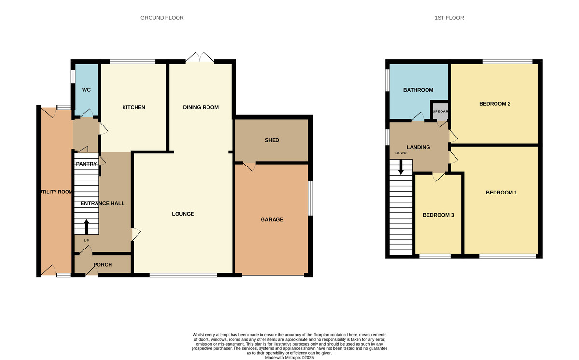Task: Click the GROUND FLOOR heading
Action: [x=162, y=18]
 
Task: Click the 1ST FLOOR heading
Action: [x=449, y=18]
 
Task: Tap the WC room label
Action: [x=86, y=90]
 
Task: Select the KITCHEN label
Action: [x=134, y=107]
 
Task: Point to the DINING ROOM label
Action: [x=201, y=107]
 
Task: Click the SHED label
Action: [x=272, y=140]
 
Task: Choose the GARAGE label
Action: [x=272, y=219]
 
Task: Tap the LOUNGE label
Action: [x=183, y=214]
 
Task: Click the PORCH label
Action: [x=103, y=265]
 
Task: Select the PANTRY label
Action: [x=86, y=164]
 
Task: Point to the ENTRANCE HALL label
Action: [x=102, y=203]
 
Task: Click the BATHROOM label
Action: [x=418, y=90]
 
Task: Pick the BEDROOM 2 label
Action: [x=495, y=104]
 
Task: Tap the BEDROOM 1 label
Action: [x=501, y=193]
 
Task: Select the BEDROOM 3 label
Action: [x=438, y=215]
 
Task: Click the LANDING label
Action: [x=418, y=147]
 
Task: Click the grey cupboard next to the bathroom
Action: [x=440, y=111]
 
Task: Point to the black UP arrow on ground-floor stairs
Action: [x=87, y=226]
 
